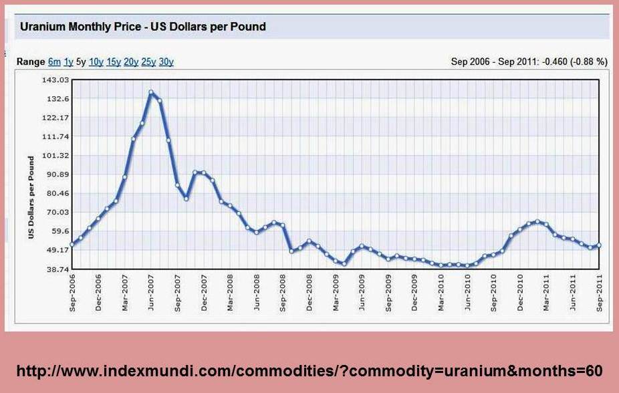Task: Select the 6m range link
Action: pyautogui.click(x=54, y=62)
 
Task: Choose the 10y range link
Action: pyautogui.click(x=96, y=62)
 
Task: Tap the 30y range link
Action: pyautogui.click(x=166, y=62)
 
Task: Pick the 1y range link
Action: pyautogui.click(x=68, y=62)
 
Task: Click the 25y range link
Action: pyautogui.click(x=148, y=62)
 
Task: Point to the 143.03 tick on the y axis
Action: pyautogui.click(x=55, y=80)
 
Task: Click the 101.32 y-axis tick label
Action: pyautogui.click(x=55, y=155)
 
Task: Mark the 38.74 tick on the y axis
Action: pyautogui.click(x=57, y=269)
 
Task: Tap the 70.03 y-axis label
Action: pyautogui.click(x=57, y=212)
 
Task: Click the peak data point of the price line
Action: pyautogui.click(x=151, y=92)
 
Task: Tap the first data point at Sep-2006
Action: pyautogui.click(x=72, y=244)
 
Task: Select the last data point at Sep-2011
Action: pyautogui.click(x=598, y=245)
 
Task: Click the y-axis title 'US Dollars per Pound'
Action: pyautogui.click(x=31, y=198)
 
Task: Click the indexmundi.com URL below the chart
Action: pyautogui.click(x=309, y=370)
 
